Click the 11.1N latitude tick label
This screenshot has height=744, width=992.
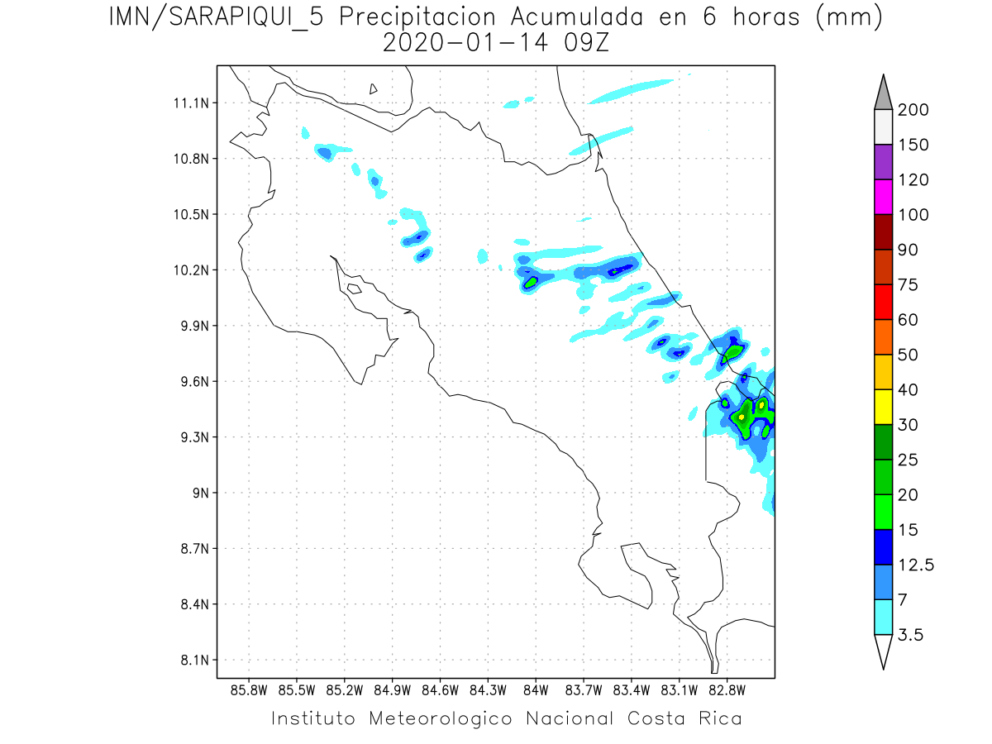point(189,103)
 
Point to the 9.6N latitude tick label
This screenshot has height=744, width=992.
point(189,382)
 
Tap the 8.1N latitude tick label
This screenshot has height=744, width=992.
point(189,661)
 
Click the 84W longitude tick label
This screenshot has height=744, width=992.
point(536,689)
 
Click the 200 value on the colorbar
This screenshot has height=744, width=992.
point(913,110)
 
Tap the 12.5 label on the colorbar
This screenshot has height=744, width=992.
point(915,565)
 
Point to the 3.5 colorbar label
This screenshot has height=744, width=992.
point(910,635)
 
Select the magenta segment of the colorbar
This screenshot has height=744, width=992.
point(882,197)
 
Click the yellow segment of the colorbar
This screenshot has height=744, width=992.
point(882,407)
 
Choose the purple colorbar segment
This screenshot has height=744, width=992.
point(882,162)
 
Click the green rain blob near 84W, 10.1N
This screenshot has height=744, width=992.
point(531,282)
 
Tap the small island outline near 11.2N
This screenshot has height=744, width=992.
point(374,89)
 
